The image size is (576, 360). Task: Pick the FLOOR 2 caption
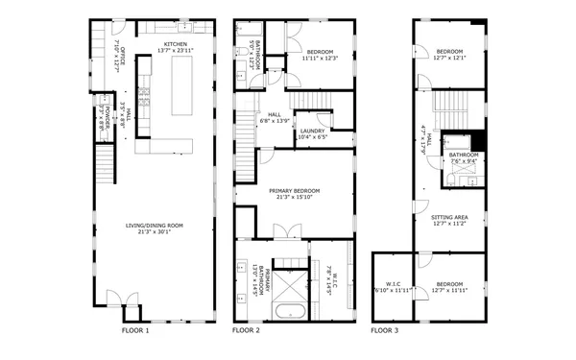(x=246, y=329)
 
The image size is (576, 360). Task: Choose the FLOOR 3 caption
(x=385, y=329)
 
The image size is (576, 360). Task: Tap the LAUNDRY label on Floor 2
(x=312, y=131)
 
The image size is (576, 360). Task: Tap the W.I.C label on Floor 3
(x=393, y=283)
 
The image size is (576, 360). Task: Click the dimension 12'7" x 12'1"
(x=450, y=58)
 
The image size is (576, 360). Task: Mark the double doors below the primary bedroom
(x=282, y=231)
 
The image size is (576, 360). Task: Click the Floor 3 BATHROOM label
(x=464, y=155)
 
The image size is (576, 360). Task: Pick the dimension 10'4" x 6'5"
(x=312, y=136)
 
